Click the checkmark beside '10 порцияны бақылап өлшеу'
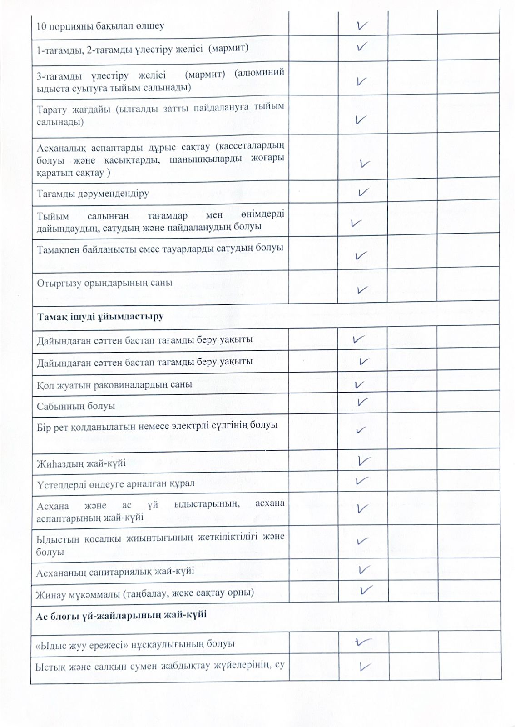[362, 25]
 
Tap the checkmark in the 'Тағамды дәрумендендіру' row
[362, 193]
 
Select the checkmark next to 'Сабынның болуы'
[362, 402]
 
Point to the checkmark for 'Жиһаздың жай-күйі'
[364, 461]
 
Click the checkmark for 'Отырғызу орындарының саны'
[362, 289]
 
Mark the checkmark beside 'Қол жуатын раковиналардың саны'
[359, 385]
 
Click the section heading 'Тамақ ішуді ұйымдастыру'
[100, 316]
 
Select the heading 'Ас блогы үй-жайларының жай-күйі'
[121, 615]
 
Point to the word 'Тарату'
[51, 110]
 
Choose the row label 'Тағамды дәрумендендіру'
[93, 194]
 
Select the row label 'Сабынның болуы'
[76, 406]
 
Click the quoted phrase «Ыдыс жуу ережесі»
[81, 644]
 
